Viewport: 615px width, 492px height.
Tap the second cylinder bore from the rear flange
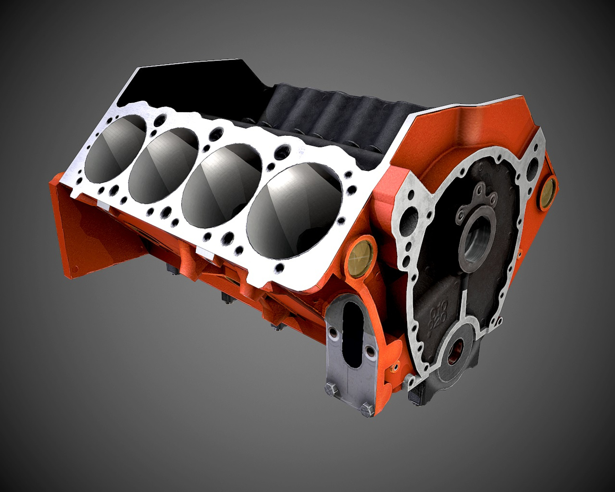(x=164, y=160)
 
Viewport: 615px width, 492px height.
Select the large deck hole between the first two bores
(x=160, y=121)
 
